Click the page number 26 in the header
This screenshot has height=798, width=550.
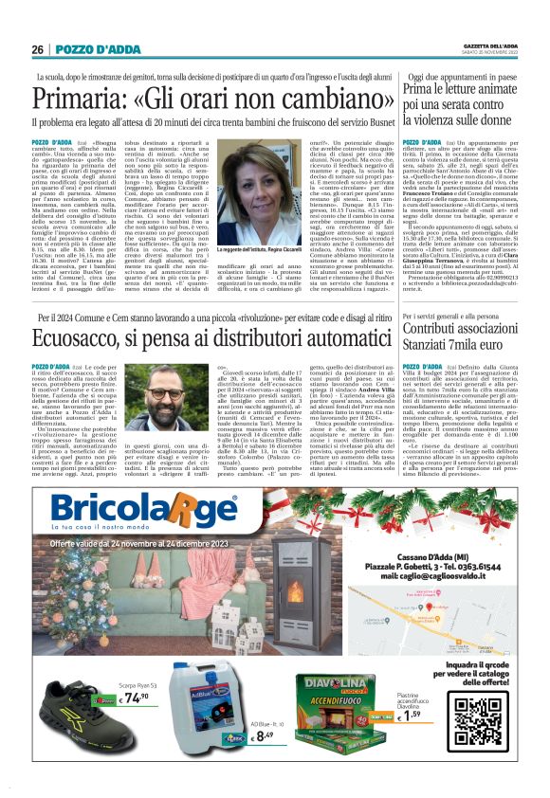(36, 49)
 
